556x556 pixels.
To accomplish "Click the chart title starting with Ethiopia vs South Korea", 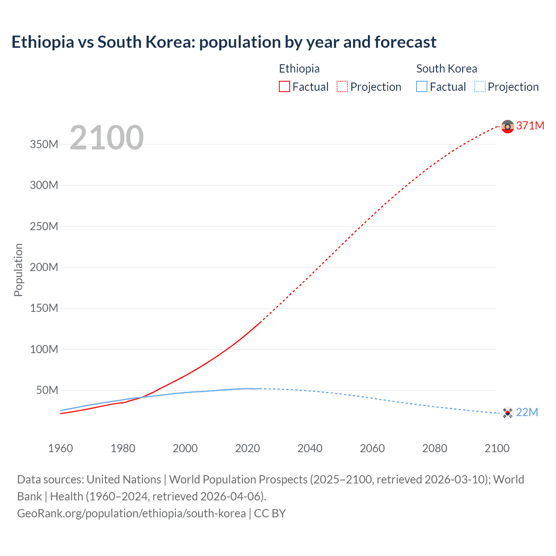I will click(224, 42).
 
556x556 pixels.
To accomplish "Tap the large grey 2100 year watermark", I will click(106, 138).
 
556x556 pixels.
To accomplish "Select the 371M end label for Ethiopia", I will click(530, 126).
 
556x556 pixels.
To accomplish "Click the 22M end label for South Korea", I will click(527, 412).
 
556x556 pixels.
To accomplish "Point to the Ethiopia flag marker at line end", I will click(507, 126).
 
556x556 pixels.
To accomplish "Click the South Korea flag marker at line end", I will click(507, 413).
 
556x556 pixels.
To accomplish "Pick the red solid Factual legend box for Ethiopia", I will click(285, 87).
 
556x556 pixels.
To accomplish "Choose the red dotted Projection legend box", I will click(342, 87).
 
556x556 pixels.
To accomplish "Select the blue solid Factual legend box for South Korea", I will click(422, 87).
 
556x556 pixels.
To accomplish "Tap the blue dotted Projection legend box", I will click(480, 87).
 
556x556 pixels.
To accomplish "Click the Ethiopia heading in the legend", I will click(299, 69).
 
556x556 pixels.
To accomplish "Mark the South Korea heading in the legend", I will click(447, 69).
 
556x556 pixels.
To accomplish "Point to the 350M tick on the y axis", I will click(44, 144).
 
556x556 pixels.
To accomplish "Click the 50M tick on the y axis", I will click(46, 390).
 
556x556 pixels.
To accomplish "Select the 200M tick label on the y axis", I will click(44, 267).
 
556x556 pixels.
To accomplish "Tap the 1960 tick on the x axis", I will click(60, 448).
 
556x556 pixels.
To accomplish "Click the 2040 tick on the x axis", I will click(310, 448).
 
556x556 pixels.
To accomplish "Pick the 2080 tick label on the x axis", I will click(434, 448).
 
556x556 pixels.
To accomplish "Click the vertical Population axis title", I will click(18, 270).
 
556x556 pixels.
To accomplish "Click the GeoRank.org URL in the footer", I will click(131, 513).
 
